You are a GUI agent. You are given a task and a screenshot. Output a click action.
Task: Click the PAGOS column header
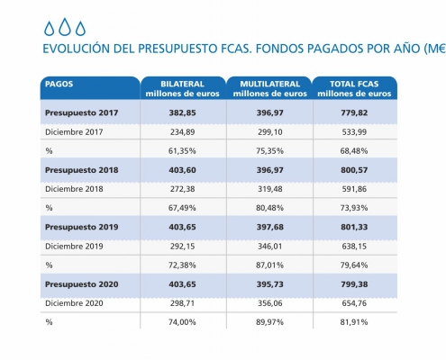[59, 84]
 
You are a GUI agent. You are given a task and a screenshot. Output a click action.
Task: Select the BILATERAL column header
[182, 88]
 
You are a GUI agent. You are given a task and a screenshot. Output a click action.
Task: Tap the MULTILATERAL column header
[269, 88]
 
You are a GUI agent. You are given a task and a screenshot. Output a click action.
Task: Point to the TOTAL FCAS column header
[354, 88]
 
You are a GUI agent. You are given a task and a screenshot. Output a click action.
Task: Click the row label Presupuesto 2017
[81, 112]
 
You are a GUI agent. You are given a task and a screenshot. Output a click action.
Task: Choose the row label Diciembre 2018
[74, 189]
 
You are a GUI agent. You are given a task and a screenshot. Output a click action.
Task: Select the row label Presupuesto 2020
[81, 284]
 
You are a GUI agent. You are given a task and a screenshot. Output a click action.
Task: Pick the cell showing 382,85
[182, 112]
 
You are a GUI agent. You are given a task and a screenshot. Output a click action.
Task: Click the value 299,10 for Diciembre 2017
[269, 132]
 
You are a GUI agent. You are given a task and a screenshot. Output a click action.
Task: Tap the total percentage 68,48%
[354, 151]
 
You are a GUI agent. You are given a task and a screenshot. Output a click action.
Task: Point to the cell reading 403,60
[182, 170]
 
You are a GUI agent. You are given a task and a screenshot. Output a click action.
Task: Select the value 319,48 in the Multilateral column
[269, 189]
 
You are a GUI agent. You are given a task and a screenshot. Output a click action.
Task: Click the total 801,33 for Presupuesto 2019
[354, 227]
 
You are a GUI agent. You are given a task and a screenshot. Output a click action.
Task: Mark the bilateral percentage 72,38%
[182, 265]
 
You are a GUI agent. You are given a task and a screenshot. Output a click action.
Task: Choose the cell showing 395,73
[269, 284]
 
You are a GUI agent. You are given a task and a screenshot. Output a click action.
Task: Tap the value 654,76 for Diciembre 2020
[354, 303]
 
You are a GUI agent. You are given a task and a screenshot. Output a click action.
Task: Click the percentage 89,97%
[269, 322]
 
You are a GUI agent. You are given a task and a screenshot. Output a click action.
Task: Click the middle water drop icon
[65, 27]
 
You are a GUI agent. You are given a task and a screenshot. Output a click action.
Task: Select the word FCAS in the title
[236, 49]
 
